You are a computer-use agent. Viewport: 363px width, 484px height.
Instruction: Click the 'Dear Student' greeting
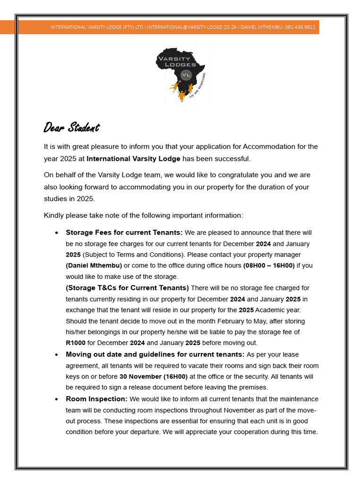click(71, 128)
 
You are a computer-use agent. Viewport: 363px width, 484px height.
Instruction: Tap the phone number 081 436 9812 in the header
click(300, 27)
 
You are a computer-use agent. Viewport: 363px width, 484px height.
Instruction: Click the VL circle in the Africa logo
click(186, 75)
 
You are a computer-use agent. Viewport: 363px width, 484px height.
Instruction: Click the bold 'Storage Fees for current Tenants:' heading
click(124, 233)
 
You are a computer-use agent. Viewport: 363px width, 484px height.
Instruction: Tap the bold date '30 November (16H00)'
click(153, 377)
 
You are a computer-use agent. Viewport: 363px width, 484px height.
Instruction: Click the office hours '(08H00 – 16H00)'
click(268, 266)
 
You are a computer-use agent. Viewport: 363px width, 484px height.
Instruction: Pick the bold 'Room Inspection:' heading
click(96, 399)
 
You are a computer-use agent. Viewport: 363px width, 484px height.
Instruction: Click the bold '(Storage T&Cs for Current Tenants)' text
click(127, 288)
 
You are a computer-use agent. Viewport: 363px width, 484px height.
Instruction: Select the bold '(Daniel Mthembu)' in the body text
click(94, 266)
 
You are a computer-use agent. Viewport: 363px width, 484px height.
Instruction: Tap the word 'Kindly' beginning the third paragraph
click(54, 216)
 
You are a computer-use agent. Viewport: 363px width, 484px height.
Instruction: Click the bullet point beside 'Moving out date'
click(57, 355)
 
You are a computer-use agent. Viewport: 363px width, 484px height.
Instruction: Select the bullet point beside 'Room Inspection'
click(57, 399)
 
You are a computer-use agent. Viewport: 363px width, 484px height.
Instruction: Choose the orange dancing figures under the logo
click(181, 91)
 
